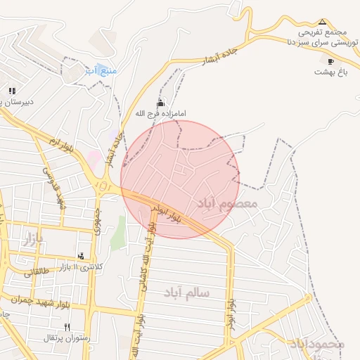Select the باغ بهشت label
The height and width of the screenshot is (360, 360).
327,72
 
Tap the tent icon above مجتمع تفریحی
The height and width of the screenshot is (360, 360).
323,22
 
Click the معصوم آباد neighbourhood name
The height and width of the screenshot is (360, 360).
228,203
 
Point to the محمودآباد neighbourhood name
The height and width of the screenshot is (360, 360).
316,344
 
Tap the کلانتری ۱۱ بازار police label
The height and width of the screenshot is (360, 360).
79,266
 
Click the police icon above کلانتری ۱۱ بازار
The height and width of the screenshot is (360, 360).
80,257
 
